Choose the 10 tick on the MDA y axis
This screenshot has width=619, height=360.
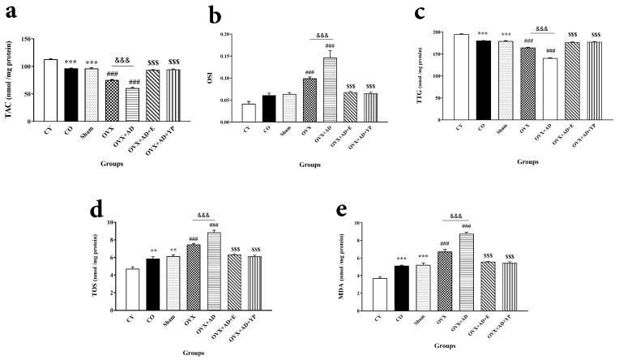pyautogui.click(x=406, y=223)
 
